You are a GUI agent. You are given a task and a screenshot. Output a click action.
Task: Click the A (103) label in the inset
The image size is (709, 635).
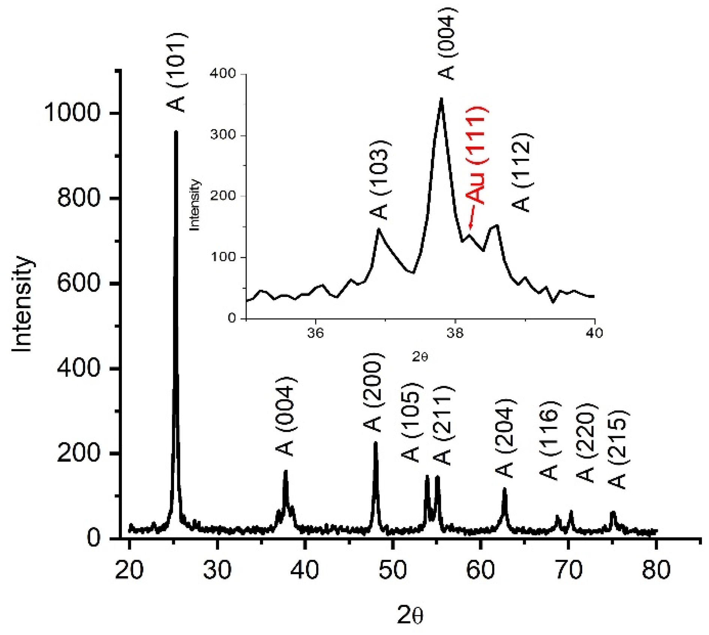380,180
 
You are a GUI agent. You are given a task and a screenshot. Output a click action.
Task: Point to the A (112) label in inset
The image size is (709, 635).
521,172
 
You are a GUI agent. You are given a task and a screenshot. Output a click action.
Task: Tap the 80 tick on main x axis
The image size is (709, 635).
656,570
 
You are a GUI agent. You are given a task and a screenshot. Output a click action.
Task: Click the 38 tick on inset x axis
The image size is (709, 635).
455,333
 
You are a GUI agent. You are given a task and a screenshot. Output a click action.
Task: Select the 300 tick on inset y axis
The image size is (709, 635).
223,135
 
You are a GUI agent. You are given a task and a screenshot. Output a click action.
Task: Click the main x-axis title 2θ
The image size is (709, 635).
410,616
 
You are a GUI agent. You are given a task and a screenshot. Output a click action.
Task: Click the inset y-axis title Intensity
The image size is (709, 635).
194,205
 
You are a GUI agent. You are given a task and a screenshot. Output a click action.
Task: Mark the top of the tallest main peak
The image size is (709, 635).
176,132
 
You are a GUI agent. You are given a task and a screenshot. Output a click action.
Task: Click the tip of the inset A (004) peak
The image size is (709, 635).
442,99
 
